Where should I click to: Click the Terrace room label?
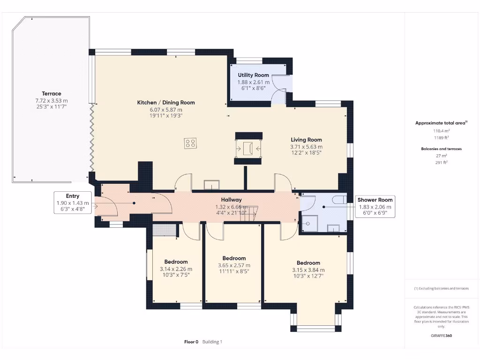(51, 94)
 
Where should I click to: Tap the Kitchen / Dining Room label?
(165, 103)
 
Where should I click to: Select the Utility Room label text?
(253, 75)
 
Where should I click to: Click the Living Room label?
(306, 140)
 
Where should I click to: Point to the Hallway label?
(231, 200)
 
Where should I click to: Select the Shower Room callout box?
(375, 207)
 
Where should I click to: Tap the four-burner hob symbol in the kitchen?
(190, 143)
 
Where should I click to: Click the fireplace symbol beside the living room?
(248, 149)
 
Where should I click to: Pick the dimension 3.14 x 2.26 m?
(176, 269)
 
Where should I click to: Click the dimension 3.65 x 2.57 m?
(234, 265)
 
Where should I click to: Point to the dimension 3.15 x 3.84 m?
(308, 270)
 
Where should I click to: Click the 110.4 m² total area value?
(441, 131)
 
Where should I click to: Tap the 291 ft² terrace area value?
(441, 162)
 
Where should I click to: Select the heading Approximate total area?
(441, 123)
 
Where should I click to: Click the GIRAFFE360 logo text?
(441, 336)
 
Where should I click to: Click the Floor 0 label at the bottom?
(191, 342)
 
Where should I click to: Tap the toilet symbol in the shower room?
(338, 200)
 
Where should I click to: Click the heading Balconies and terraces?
(441, 149)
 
